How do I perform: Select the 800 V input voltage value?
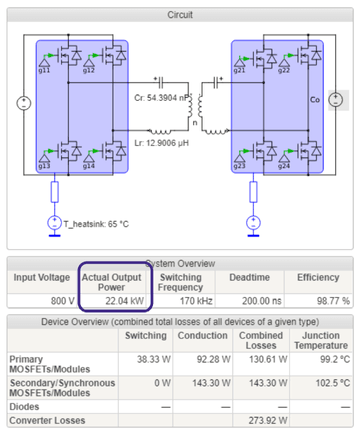(55, 299)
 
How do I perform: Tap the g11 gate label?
(45, 71)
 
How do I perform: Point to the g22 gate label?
(283, 71)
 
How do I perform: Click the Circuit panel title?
(180, 16)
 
